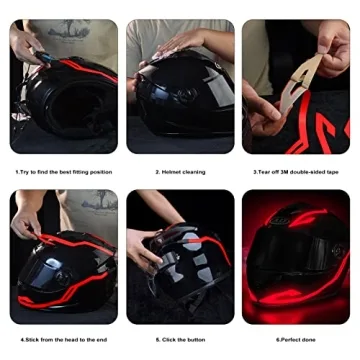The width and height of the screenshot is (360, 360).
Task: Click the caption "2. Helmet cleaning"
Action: [x=180, y=172]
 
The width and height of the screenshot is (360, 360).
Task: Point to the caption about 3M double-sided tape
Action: [x=296, y=172]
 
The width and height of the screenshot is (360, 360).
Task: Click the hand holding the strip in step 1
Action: [x=25, y=44]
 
